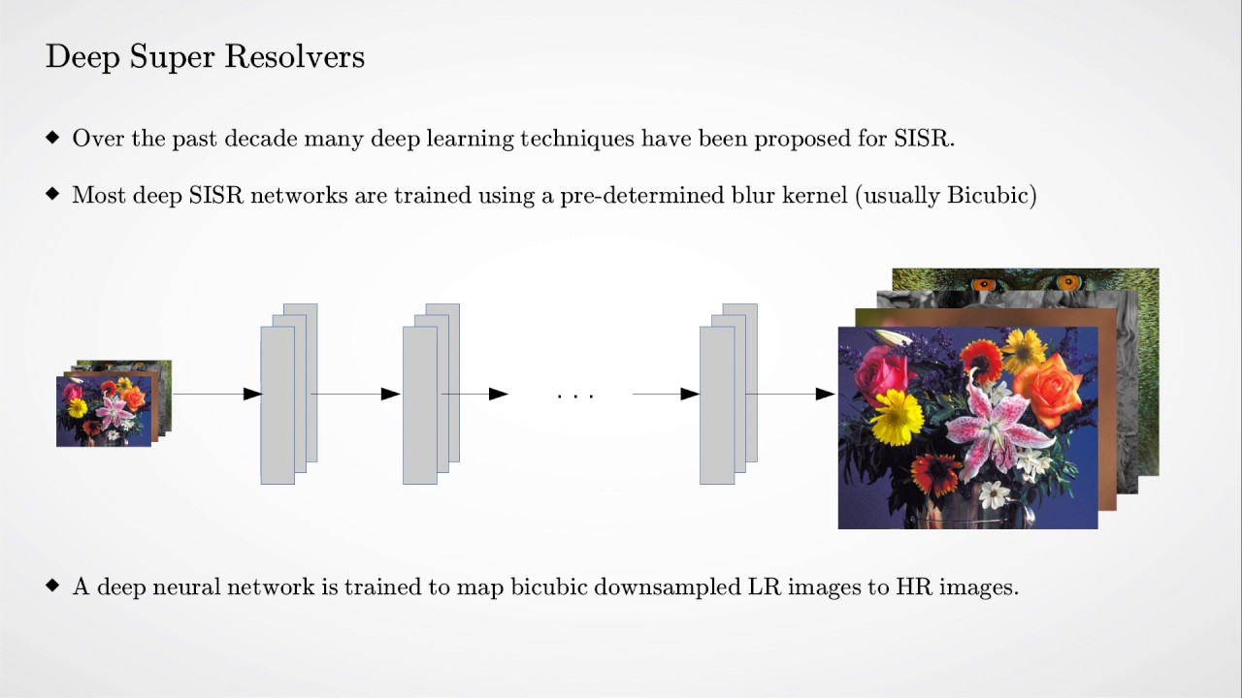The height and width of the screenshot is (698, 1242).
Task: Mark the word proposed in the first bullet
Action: (802, 139)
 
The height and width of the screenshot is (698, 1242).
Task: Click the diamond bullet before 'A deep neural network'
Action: (52, 586)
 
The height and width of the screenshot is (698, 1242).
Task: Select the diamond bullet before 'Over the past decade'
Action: (52, 137)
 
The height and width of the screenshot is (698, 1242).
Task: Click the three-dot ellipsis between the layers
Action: (575, 396)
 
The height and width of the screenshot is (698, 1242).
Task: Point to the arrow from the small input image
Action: (215, 394)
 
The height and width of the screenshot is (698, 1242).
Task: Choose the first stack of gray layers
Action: (288, 396)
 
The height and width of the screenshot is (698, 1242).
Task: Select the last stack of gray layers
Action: (727, 396)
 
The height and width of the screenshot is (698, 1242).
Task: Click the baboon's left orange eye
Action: (983, 285)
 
